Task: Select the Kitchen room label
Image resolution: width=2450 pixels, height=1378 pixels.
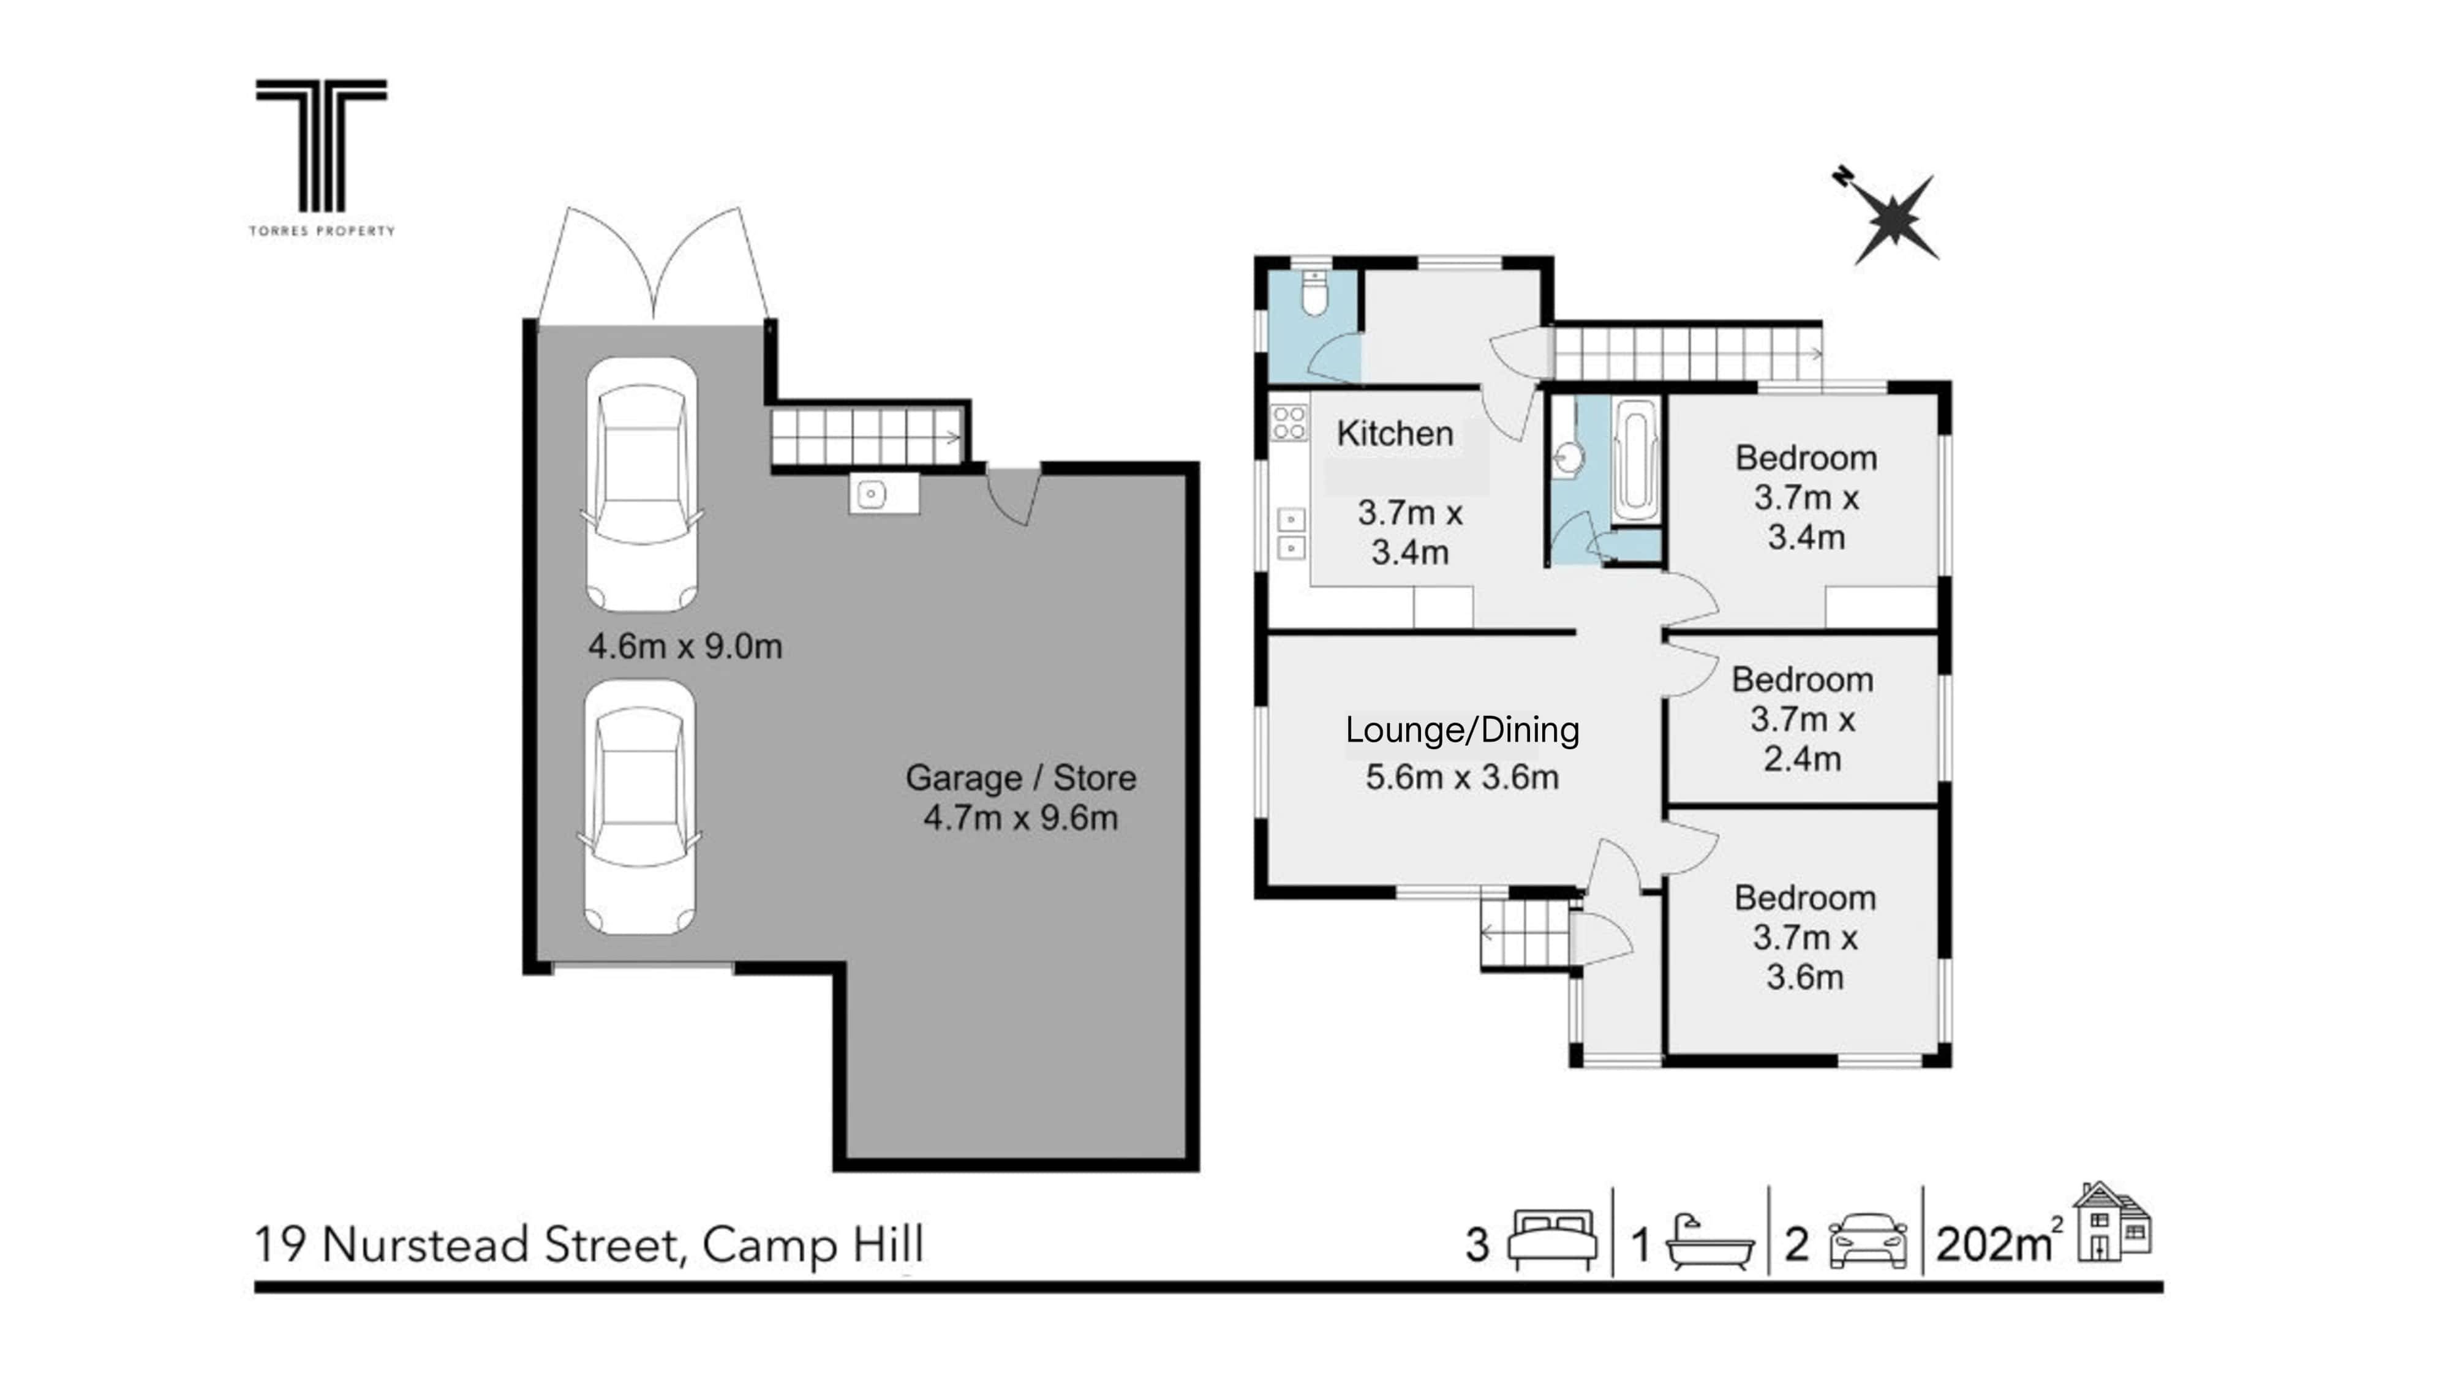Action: tap(1395, 434)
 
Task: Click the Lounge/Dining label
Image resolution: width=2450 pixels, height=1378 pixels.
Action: tap(1462, 731)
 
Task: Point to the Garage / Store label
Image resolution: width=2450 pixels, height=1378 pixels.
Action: tap(1020, 778)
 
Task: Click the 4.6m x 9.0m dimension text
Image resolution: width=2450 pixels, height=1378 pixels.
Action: tap(685, 647)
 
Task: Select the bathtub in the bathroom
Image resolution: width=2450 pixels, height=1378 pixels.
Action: tap(1636, 461)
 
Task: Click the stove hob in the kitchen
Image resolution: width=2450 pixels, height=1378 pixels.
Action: tap(1290, 423)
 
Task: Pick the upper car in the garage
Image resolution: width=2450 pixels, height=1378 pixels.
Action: tap(642, 485)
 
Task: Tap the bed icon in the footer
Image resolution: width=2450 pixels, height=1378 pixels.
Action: tap(1553, 1240)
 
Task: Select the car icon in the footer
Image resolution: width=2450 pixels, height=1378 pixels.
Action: tap(1868, 1241)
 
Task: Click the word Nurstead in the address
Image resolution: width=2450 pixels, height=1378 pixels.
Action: tap(425, 1245)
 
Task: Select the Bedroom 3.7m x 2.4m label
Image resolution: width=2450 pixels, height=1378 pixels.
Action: tap(1803, 719)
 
